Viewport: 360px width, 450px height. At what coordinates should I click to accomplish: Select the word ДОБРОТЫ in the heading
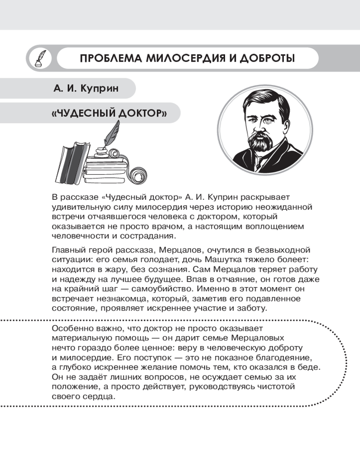click(x=266, y=58)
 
